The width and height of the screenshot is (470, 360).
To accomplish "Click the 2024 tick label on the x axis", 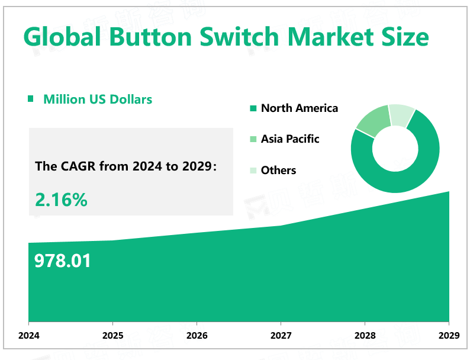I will [x=29, y=336].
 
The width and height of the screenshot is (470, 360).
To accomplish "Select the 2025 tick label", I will [x=113, y=336].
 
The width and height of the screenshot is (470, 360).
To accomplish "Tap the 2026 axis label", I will [x=197, y=336].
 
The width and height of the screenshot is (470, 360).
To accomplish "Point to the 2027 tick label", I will [x=281, y=336].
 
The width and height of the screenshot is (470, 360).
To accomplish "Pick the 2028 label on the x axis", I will [x=365, y=336].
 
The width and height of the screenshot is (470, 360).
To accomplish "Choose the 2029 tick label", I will [x=449, y=336].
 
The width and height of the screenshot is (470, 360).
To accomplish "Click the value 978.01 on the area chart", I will [x=63, y=261].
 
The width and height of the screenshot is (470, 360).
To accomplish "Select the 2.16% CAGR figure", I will [x=62, y=200].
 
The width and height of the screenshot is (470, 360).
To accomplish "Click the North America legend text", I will [x=300, y=108].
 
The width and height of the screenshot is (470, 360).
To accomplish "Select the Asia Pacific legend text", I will [x=290, y=139].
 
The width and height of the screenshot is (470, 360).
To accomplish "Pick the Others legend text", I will [x=278, y=171].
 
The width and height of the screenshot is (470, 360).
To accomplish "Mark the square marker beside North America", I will [x=253, y=108].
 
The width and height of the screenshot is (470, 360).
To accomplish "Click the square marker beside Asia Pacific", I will [x=253, y=139].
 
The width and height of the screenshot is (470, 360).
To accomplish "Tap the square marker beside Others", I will [x=253, y=171].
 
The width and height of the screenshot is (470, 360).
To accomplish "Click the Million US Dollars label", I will [x=98, y=99].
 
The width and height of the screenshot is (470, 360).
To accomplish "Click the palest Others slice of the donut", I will [x=401, y=114].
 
